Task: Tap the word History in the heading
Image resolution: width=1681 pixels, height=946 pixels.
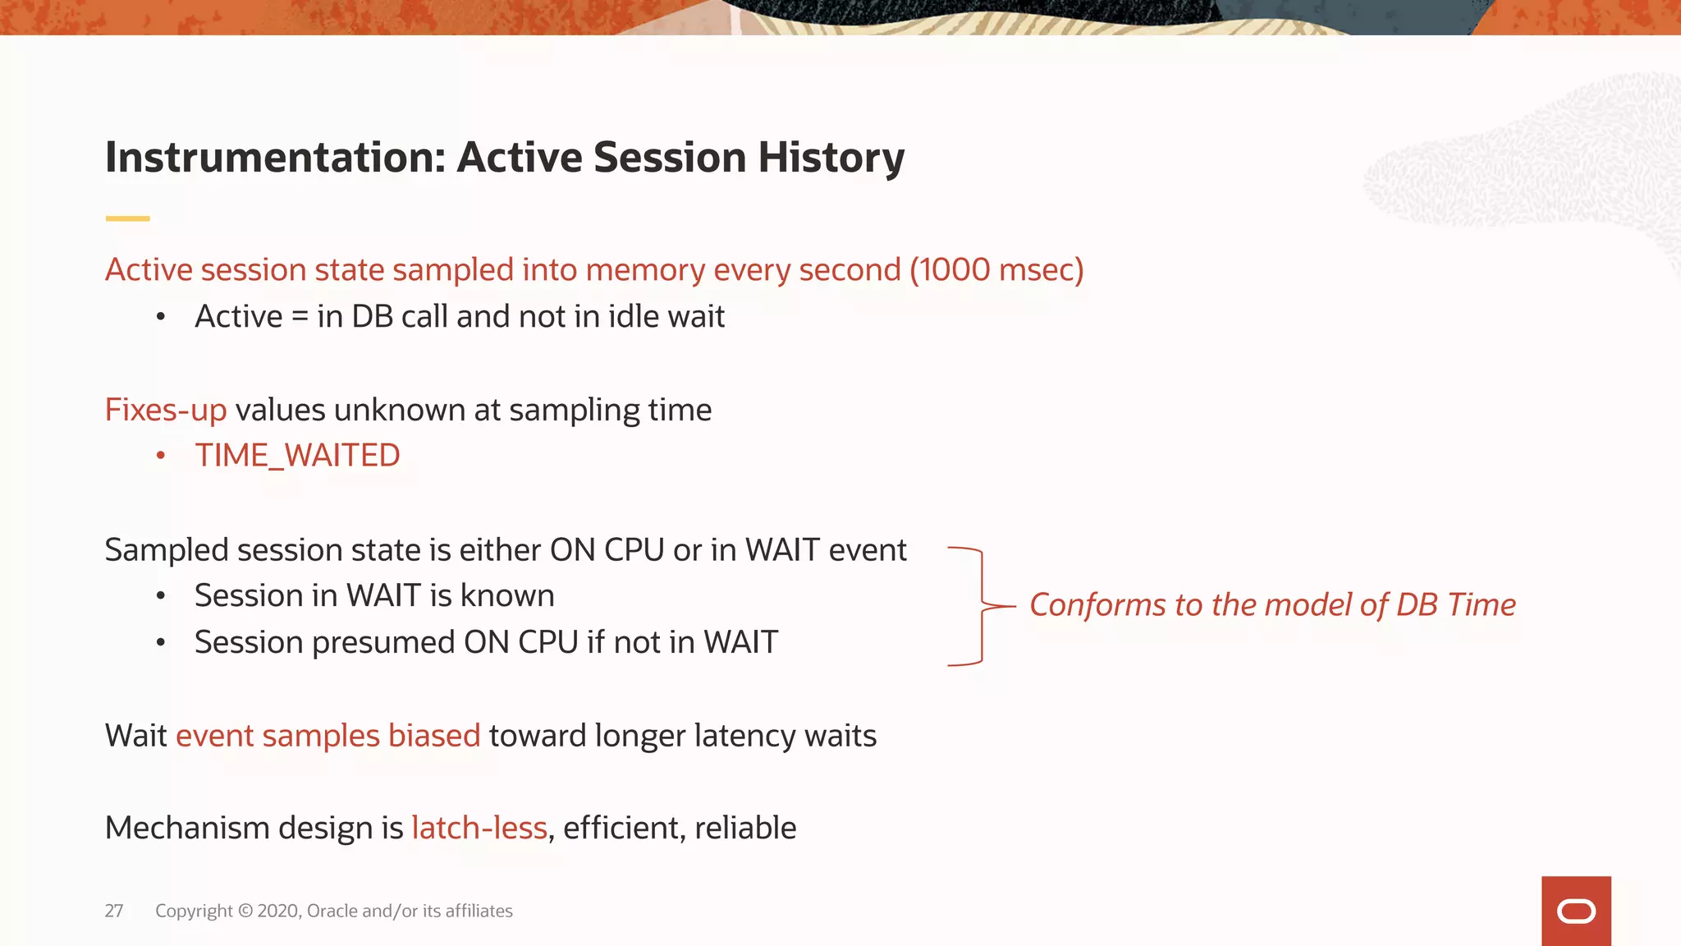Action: pos(831,158)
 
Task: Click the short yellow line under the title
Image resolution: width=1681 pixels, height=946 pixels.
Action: pos(127,218)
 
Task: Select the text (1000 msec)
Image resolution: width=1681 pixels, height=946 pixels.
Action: pos(996,270)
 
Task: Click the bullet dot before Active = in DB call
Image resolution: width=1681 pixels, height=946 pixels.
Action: pos(161,317)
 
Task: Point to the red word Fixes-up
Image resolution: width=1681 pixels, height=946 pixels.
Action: pos(165,410)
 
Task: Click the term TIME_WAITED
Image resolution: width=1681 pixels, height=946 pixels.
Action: pos(297,456)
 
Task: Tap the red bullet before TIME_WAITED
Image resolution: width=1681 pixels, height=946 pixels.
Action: pos(161,456)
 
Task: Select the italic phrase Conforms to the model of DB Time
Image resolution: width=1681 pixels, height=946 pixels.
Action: pos(1271,605)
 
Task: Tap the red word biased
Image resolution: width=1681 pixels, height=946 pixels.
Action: pos(433,736)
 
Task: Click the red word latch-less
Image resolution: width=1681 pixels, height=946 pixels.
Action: pos(479,828)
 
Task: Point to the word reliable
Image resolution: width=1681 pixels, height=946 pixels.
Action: pos(744,828)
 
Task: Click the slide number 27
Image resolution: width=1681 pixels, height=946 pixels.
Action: pos(114,911)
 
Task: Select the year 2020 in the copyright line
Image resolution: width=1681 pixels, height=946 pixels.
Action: pos(278,911)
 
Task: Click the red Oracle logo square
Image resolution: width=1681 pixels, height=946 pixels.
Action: pos(1575,911)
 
